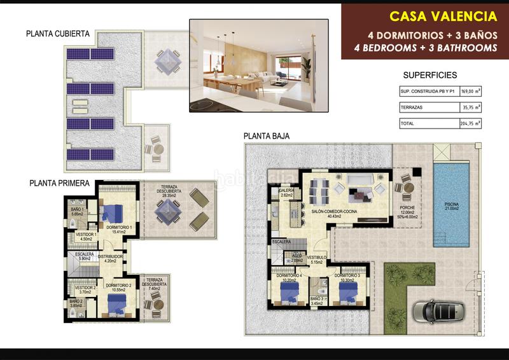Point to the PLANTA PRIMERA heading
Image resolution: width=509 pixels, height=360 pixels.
59,183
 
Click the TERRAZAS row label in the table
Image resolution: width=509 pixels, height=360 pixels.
412,107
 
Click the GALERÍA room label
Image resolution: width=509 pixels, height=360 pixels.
286,191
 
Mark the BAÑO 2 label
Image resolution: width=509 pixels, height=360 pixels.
77,301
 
